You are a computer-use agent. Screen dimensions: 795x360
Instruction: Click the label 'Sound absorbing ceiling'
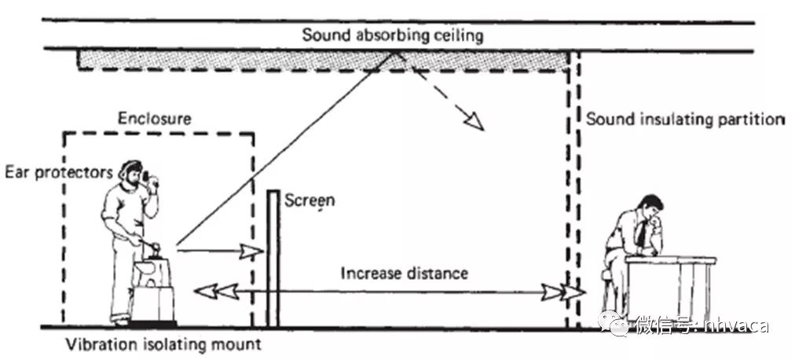click(393, 35)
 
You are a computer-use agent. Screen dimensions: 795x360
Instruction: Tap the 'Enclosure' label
click(155, 119)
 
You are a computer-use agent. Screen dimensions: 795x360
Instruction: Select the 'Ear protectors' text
click(59, 173)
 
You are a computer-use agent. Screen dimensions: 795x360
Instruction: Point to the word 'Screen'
click(310, 200)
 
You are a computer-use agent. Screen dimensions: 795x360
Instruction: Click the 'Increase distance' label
click(404, 274)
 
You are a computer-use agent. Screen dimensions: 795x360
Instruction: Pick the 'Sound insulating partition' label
click(685, 119)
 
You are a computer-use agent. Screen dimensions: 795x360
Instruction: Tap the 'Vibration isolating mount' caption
click(163, 345)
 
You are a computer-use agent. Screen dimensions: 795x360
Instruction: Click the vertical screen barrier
click(273, 258)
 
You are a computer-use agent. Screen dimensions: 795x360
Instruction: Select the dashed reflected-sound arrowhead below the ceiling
click(474, 122)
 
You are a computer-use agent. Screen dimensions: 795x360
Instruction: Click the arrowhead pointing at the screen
click(251, 251)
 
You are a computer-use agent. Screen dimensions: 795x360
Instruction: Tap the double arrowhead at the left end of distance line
click(217, 292)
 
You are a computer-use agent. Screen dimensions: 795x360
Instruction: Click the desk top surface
click(670, 260)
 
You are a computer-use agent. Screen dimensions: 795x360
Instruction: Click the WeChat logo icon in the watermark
click(614, 323)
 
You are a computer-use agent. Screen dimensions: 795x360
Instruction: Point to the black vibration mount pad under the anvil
click(153, 323)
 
